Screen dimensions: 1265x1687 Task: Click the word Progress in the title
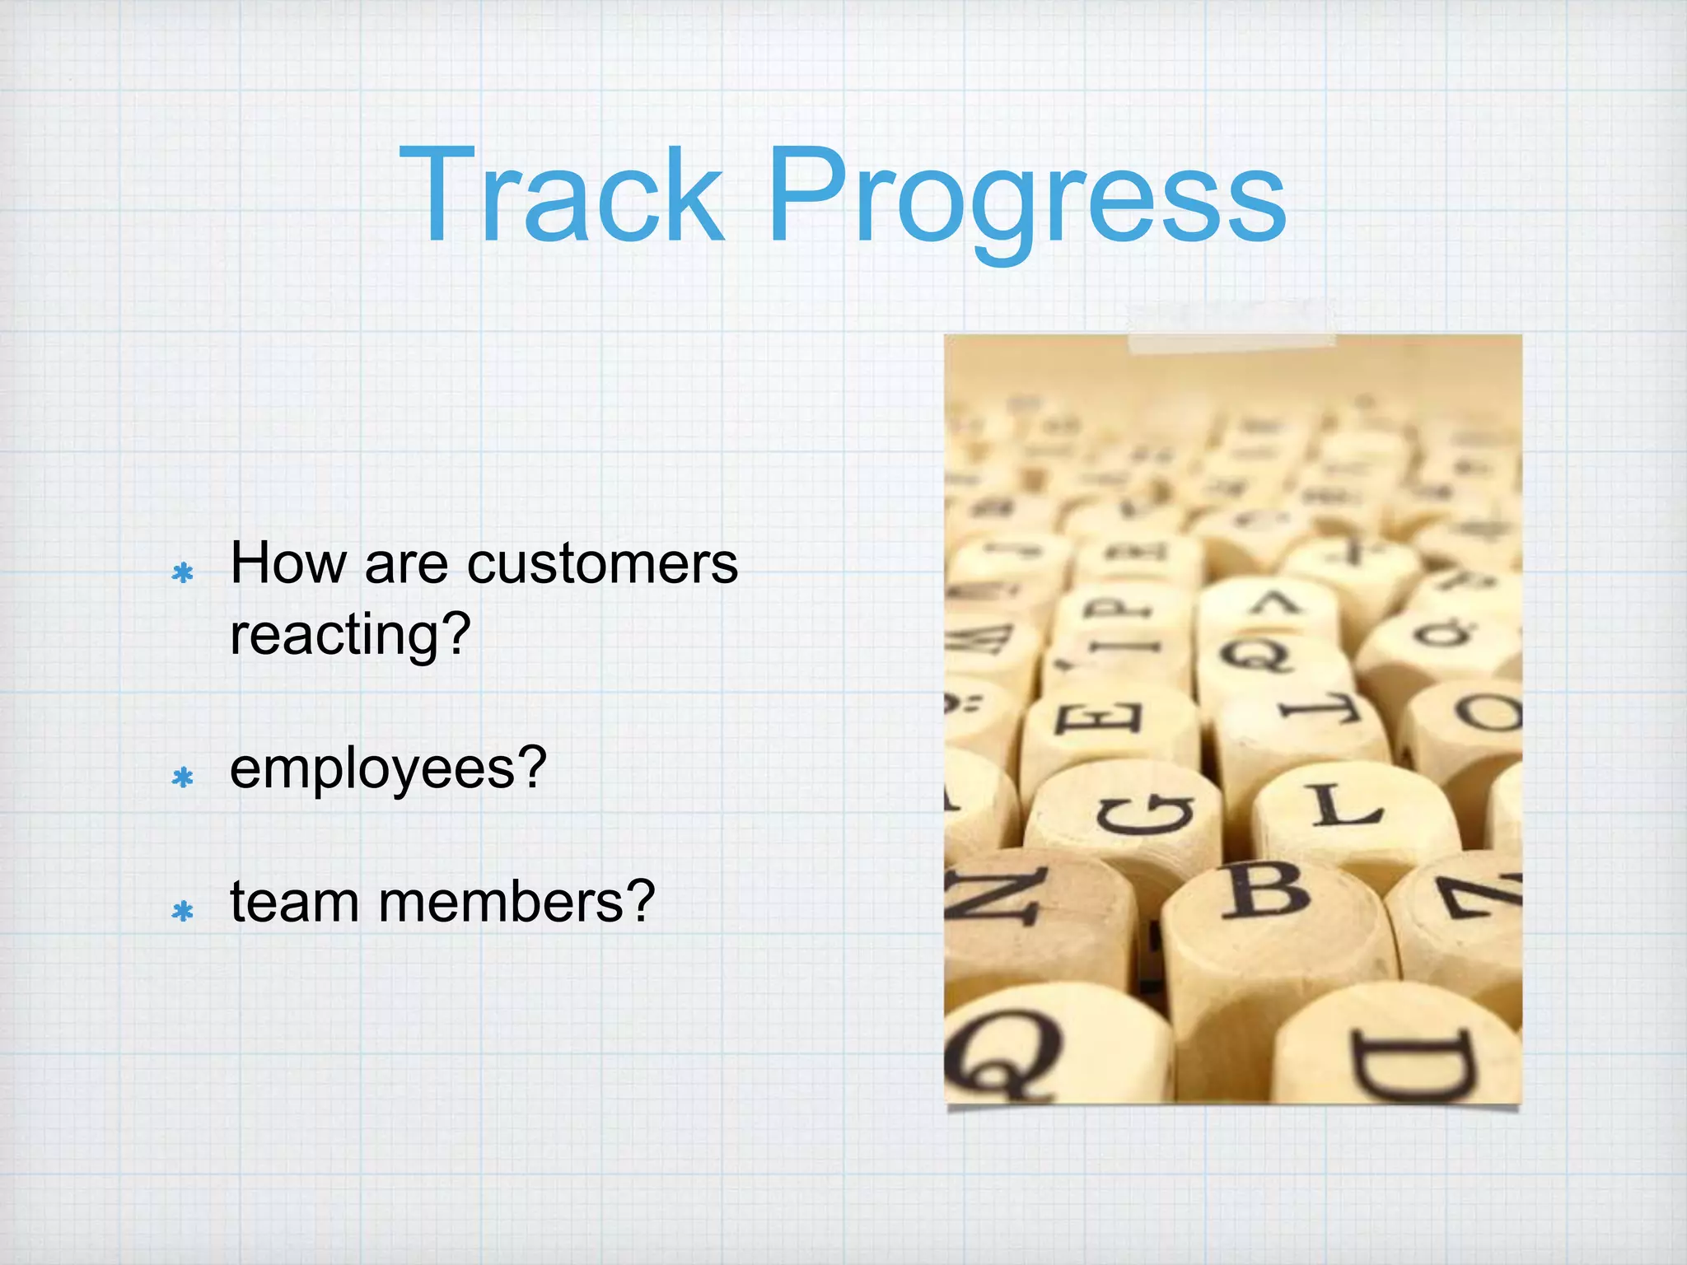tap(1026, 198)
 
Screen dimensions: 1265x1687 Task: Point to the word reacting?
tap(350, 635)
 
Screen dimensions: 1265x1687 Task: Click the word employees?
tap(388, 769)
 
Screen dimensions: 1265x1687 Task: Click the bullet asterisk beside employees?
tap(183, 777)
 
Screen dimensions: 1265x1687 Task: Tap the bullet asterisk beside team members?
tap(183, 910)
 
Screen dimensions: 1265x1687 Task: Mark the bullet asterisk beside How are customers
tap(183, 572)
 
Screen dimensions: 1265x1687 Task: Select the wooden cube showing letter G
tap(1141, 815)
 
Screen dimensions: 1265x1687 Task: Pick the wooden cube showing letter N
tap(1001, 898)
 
